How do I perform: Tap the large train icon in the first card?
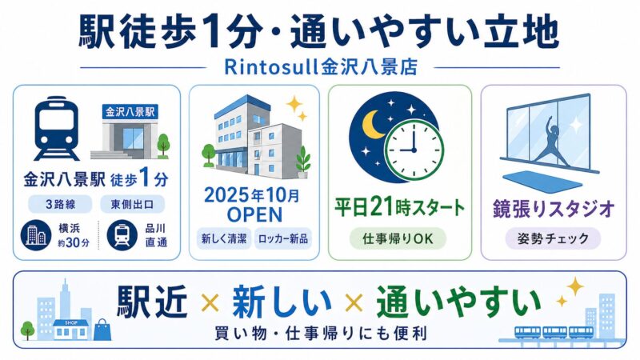[x=57, y=128]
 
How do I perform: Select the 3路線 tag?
[x=58, y=203]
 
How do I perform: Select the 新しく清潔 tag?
[x=224, y=238]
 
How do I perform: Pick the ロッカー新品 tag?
[x=282, y=238]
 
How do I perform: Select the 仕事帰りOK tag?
[x=397, y=238]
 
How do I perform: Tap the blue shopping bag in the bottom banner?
[x=105, y=328]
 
